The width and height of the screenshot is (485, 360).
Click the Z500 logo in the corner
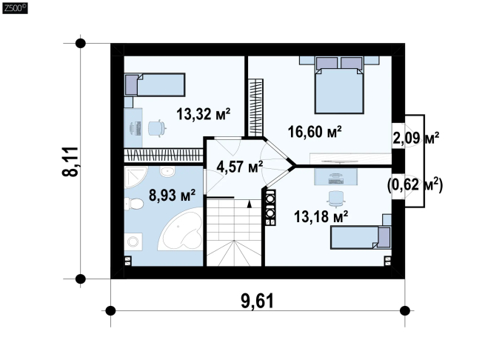(15, 8)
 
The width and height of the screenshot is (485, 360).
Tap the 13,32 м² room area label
(203, 114)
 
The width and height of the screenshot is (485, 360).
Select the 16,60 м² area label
(315, 132)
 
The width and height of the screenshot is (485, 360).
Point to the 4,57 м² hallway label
(240, 167)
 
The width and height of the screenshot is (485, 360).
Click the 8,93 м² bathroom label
(172, 195)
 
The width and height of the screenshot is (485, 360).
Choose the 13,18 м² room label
(321, 216)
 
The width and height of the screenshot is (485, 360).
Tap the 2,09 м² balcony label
(415, 138)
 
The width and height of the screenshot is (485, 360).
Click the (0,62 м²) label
(415, 185)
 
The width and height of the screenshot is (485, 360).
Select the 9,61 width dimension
(258, 301)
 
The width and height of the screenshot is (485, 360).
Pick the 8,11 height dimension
(70, 161)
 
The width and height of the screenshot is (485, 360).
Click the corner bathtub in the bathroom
(181, 230)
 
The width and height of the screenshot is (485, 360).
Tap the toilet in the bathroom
(133, 204)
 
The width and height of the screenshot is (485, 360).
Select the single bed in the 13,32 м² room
(155, 84)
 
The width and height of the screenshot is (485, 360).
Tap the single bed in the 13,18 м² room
(361, 237)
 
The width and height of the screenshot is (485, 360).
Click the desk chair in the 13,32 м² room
(157, 128)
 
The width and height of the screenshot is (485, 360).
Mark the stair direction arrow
(250, 204)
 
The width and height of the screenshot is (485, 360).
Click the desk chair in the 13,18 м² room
(336, 199)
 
